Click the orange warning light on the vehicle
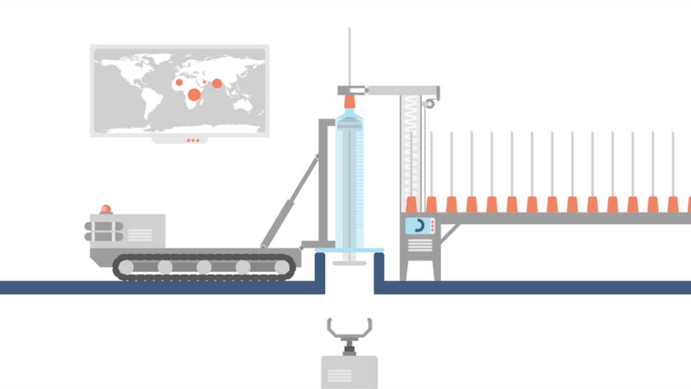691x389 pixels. pyautogui.click(x=106, y=209)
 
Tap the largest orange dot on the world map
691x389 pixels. pyautogui.click(x=195, y=95)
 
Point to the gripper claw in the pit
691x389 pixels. pyautogui.click(x=349, y=329)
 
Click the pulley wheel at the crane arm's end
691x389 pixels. pyautogui.click(x=430, y=103)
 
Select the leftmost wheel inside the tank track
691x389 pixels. pyautogui.click(x=126, y=267)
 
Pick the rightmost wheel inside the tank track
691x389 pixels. pyautogui.click(x=282, y=267)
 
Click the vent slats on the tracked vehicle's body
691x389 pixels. pyautogui.click(x=139, y=235)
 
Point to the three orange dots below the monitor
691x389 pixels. pyautogui.click(x=193, y=140)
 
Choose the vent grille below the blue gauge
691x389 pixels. pyautogui.click(x=420, y=244)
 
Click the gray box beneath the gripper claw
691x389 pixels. pyautogui.click(x=349, y=372)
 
